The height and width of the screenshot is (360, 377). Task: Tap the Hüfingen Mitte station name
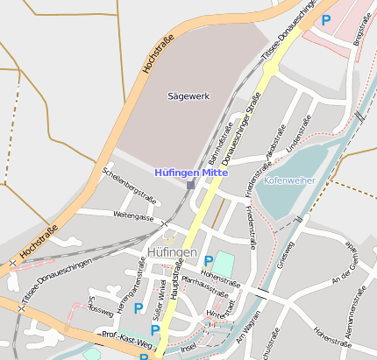click(x=190, y=173)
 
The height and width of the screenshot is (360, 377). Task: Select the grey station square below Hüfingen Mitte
click(x=190, y=185)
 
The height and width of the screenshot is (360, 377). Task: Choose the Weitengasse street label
click(x=133, y=215)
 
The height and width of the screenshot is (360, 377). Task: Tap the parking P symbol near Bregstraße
click(x=326, y=19)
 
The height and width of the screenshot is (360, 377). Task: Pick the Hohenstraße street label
click(x=223, y=282)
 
